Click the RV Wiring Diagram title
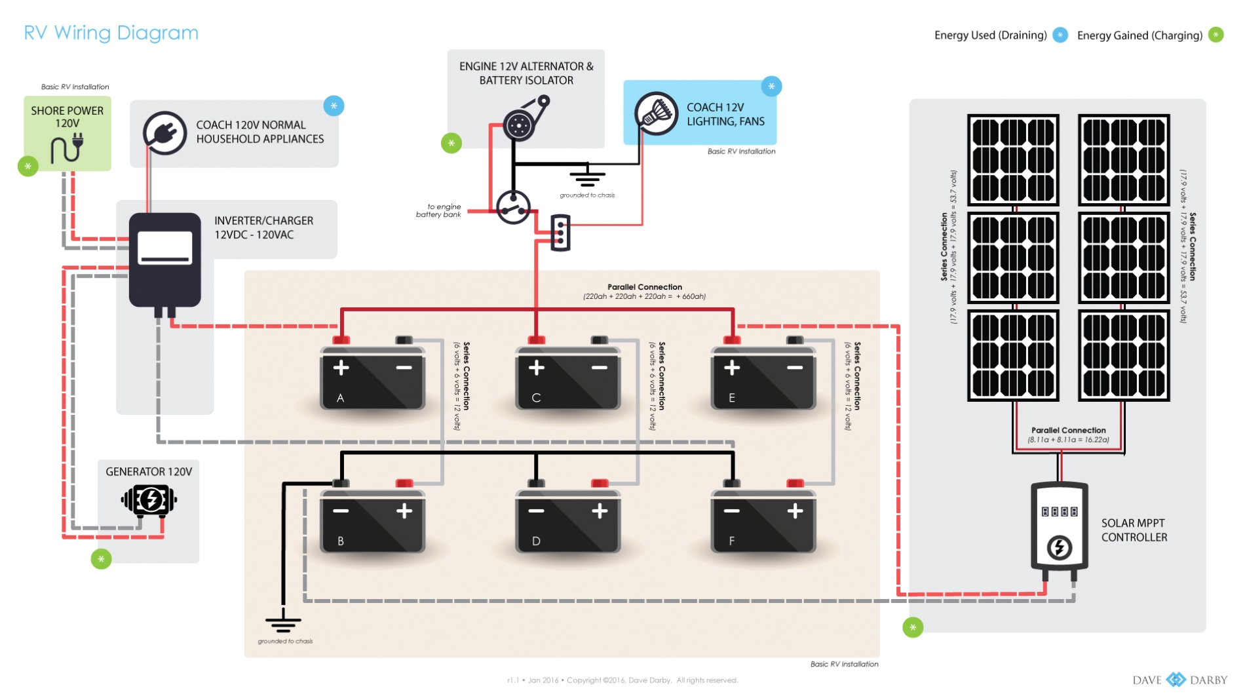pos(111,33)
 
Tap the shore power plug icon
pos(67,147)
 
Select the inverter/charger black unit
pos(164,260)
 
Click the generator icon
pos(149,500)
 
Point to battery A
pos(372,378)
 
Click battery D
pos(567,520)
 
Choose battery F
pos(763,520)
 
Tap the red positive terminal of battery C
pos(537,340)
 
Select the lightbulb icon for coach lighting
pos(656,113)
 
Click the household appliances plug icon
pos(164,132)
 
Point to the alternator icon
pos(520,125)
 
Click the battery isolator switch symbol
pos(513,208)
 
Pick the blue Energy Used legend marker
pos(1060,35)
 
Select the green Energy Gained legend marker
pos(1216,35)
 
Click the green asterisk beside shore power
pos(28,166)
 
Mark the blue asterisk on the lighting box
pos(771,87)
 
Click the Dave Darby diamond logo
pos(1176,680)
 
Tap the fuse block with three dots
pos(560,233)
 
